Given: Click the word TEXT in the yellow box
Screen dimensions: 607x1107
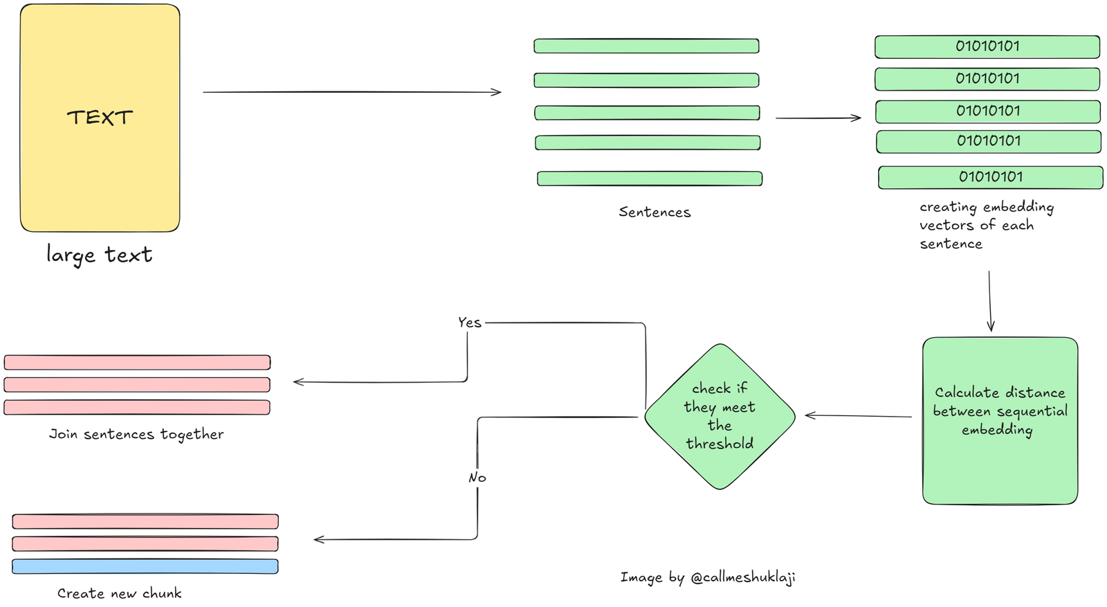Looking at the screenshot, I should point(100,118).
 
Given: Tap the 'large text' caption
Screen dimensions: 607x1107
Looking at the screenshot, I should point(99,255).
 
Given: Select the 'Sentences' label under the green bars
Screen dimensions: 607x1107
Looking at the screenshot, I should point(655,212).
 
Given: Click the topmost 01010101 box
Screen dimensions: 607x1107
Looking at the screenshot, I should point(987,46).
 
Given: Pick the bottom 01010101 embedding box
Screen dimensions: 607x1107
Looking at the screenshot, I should point(990,177).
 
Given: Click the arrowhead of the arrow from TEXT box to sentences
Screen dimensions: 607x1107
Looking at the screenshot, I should point(497,92).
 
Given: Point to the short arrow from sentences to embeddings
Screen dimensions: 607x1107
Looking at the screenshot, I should point(818,118).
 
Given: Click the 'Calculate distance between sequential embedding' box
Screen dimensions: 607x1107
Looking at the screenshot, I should point(1000,420).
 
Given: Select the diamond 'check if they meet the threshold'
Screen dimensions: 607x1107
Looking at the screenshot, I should point(720,416).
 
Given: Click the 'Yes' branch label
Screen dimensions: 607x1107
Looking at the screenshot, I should point(469,323).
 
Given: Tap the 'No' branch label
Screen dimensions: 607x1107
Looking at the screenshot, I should point(477,478).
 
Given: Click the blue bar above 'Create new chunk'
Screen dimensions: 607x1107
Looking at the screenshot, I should point(145,566).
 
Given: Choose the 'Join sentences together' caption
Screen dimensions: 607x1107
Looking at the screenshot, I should point(136,434).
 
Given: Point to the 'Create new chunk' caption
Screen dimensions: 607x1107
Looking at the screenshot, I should point(119,593).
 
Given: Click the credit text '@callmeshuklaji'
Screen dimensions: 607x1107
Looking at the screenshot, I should point(742,577).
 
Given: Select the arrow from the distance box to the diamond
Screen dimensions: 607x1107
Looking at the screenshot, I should point(858,416).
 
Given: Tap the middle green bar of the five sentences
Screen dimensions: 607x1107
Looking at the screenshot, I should point(647,113).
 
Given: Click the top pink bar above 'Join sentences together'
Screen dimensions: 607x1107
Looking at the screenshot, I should point(137,362).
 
